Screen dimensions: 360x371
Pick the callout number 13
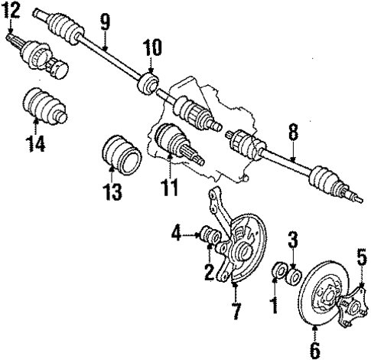[x=112, y=191]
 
